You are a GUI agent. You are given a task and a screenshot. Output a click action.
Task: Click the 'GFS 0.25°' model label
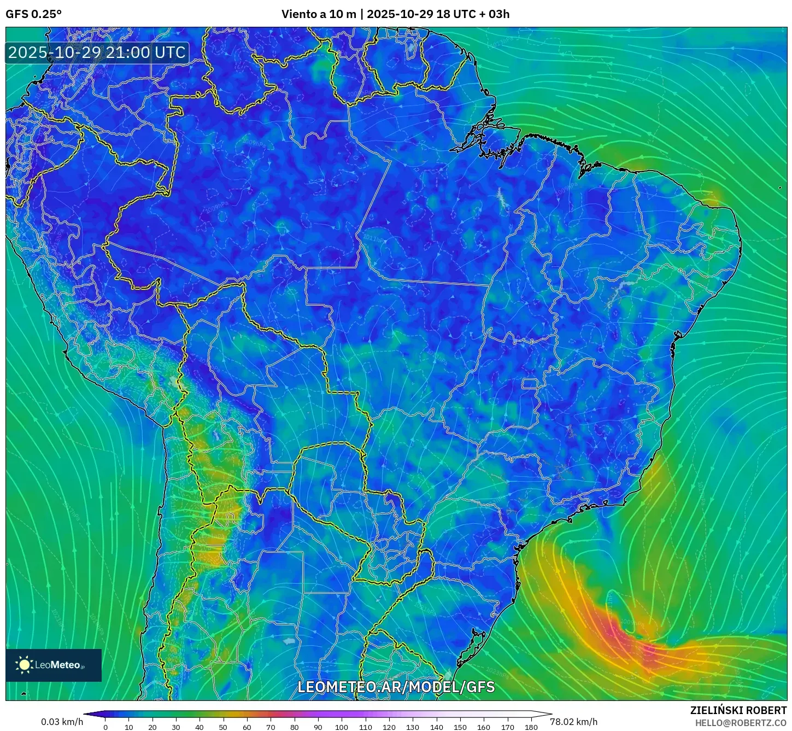33,14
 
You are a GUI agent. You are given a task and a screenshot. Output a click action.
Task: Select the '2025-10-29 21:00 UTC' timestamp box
97,53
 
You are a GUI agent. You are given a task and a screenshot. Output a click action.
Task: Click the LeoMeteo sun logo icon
24,665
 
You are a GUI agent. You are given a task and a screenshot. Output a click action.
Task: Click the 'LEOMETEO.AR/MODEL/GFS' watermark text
396,687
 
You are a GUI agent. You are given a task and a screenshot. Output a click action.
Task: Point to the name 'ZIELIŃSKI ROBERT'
738,710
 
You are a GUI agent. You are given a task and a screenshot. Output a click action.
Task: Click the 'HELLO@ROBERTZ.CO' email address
741,723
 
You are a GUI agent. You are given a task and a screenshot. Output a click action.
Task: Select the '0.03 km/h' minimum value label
62,722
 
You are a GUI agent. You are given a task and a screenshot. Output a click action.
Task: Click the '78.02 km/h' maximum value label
573,722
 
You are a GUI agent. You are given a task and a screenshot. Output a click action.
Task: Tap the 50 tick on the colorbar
223,727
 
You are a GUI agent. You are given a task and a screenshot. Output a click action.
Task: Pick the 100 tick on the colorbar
342,727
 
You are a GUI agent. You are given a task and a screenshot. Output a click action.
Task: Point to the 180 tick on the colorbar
531,727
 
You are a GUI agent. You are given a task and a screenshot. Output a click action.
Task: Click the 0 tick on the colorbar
105,727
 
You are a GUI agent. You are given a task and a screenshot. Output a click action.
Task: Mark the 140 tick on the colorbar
436,727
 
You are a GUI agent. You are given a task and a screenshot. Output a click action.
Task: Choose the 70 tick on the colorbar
271,727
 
